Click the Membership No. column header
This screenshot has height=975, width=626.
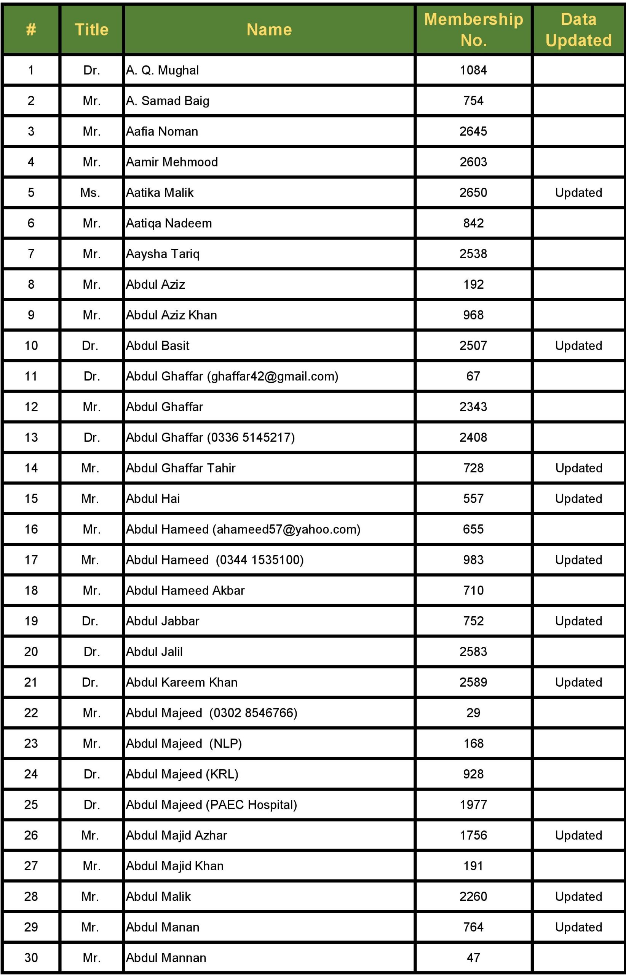[473, 30]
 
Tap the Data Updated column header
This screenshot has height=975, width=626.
[578, 30]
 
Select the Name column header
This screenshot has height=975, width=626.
[269, 30]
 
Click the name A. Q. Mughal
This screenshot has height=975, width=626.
[162, 70]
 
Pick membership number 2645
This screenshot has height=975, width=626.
[473, 131]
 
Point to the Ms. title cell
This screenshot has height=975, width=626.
[90, 192]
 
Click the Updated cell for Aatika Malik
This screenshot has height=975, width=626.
[578, 192]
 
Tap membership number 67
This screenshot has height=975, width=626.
[473, 376]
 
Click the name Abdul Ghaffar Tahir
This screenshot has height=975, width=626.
[180, 468]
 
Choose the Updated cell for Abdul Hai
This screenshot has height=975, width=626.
[578, 499]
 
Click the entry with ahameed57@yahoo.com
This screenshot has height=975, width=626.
[243, 529]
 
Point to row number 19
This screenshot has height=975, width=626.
[31, 621]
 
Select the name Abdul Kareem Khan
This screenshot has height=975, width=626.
[181, 682]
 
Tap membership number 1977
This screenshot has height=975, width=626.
[473, 804]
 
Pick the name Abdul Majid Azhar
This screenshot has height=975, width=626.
[176, 835]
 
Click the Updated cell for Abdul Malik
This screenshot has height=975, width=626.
[578, 896]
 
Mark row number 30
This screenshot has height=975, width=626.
[31, 957]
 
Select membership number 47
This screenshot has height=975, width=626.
[473, 957]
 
